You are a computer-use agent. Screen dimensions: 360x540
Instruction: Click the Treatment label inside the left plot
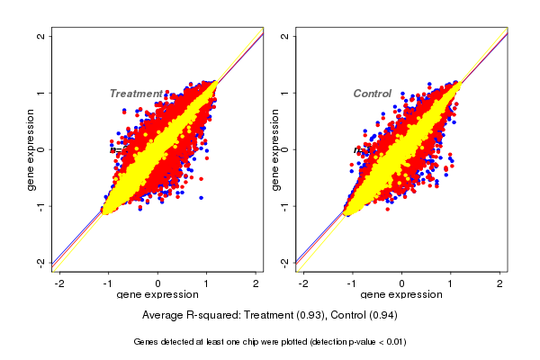click(136, 94)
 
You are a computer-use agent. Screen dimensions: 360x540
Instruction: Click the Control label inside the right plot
click(372, 94)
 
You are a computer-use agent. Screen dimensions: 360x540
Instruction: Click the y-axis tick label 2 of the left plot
click(41, 36)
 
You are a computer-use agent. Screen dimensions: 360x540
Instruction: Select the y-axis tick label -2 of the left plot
click(41, 263)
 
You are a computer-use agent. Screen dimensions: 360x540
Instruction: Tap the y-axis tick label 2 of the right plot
click(284, 36)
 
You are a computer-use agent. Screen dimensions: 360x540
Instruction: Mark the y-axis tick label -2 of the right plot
click(284, 263)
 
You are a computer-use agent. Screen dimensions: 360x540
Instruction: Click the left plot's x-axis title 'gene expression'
click(158, 295)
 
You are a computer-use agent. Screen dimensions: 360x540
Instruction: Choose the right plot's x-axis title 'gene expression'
click(402, 295)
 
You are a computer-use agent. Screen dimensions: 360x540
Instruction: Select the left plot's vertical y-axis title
click(31, 149)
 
